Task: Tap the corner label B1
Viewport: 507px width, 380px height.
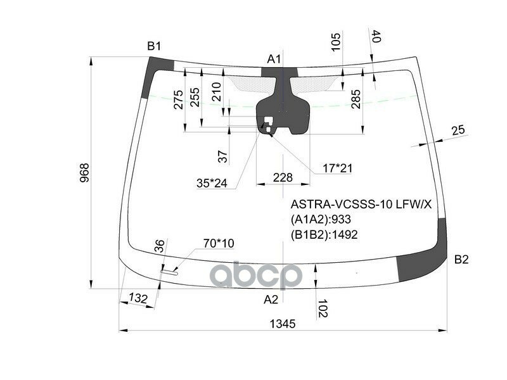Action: [x=154, y=46]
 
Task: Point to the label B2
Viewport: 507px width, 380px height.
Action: [x=461, y=259]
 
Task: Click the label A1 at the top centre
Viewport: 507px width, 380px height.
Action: [x=274, y=60]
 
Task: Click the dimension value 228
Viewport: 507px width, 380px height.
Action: [x=283, y=177]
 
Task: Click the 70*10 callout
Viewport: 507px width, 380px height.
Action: [x=219, y=243]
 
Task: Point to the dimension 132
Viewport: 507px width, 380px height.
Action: [x=138, y=298]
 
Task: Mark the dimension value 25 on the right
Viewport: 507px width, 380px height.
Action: [x=458, y=130]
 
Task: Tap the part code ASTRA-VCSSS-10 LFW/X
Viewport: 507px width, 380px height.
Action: [x=361, y=205]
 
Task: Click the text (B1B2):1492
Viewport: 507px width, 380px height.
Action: [x=324, y=234]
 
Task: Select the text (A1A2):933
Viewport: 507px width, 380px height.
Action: [x=321, y=220]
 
